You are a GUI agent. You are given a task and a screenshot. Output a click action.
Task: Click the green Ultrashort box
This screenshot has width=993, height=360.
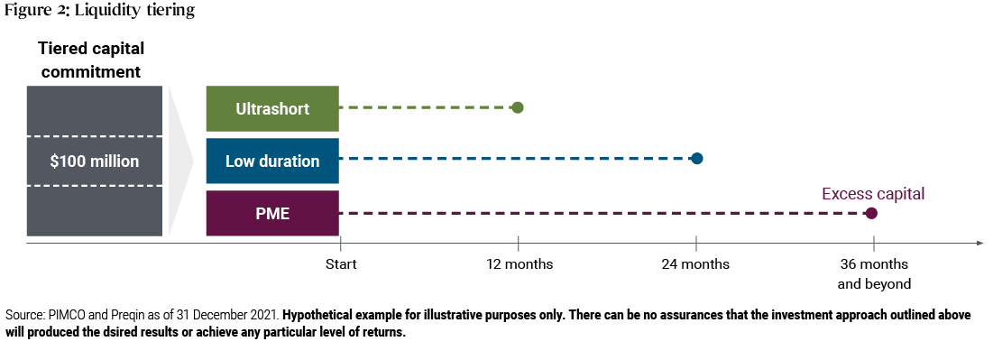pyautogui.click(x=272, y=108)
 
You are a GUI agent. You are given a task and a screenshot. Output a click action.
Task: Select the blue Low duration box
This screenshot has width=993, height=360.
pyautogui.click(x=272, y=162)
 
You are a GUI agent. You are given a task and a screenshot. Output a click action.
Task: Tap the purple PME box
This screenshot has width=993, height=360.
pyautogui.click(x=272, y=214)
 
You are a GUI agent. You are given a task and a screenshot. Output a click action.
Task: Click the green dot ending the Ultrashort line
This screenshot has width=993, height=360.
pyautogui.click(x=517, y=107)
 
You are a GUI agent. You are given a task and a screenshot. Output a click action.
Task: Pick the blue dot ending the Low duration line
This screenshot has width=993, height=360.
pyautogui.click(x=696, y=159)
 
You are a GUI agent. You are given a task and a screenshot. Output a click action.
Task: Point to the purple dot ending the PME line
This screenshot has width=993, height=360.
pyautogui.click(x=870, y=214)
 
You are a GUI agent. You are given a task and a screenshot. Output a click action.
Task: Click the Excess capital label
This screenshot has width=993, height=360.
pyautogui.click(x=873, y=193)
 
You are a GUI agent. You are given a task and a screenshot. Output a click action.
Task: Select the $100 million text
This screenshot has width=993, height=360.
pyautogui.click(x=96, y=162)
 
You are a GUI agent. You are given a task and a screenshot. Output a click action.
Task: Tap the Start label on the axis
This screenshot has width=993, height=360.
pyautogui.click(x=341, y=264)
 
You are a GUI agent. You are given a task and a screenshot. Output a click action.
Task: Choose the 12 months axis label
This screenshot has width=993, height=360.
pyautogui.click(x=519, y=264)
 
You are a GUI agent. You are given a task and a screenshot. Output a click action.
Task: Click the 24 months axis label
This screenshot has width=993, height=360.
pyautogui.click(x=695, y=264)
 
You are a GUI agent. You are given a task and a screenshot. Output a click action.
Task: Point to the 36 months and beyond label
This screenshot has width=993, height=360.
pyautogui.click(x=873, y=273)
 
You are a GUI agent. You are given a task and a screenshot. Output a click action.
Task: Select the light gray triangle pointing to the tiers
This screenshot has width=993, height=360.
pyautogui.click(x=180, y=162)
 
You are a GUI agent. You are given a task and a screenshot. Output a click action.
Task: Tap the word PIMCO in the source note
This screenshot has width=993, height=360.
pyautogui.click(x=69, y=315)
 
